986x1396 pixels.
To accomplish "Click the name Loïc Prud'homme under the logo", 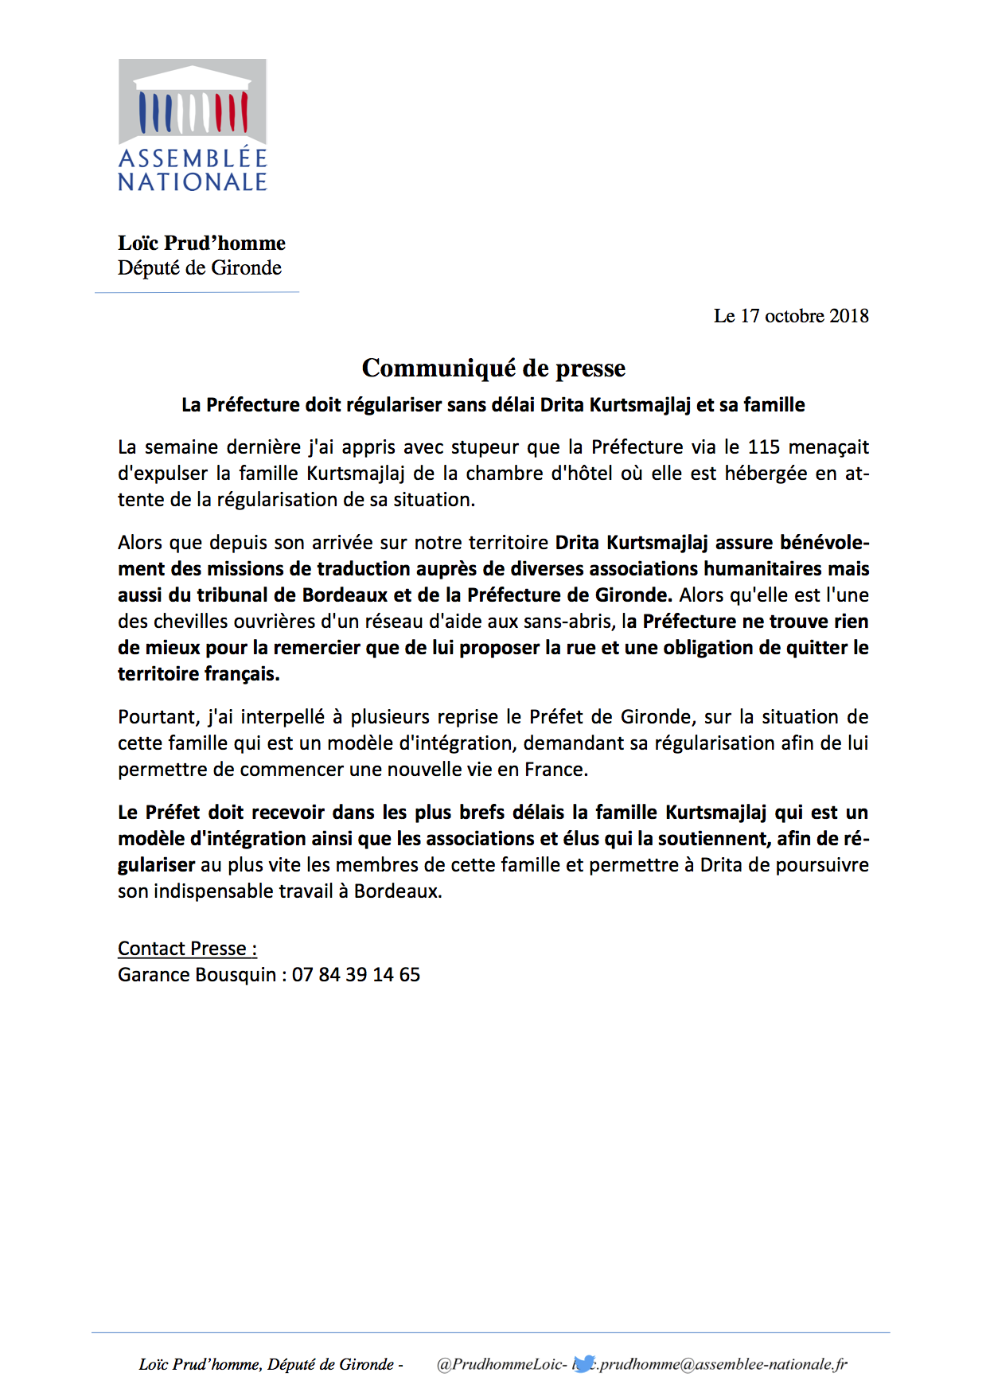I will pos(201,243).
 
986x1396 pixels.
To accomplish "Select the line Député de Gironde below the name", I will pos(200,268).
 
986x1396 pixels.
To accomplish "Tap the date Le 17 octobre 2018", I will pos(790,316).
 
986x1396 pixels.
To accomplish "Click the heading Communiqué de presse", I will pos(493,368).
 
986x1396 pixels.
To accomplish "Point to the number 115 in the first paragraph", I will pos(763,447).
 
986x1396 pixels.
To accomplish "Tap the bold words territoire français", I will pos(198,674).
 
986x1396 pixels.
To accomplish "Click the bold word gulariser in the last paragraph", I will pos(157,865).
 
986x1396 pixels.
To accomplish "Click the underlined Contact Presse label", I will pos(187,949).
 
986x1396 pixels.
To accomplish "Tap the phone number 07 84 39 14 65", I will pos(356,975).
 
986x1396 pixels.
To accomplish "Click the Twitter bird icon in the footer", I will pos(584,1363).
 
